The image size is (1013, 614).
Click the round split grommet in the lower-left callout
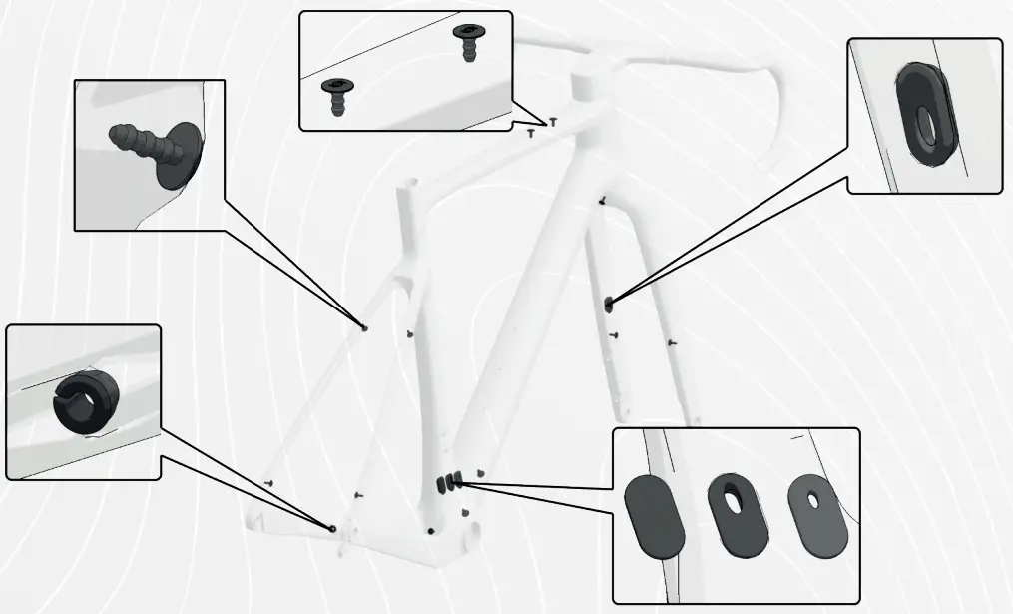pos(85,404)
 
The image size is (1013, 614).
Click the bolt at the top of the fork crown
pos(601,202)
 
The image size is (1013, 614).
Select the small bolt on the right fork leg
pos(673,343)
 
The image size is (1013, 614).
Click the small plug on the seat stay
pos(364,326)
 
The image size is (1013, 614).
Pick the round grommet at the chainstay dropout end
pos(332,528)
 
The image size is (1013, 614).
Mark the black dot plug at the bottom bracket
pos(430,531)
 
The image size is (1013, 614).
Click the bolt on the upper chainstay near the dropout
pos(269,482)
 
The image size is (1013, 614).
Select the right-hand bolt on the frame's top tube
pos(553,121)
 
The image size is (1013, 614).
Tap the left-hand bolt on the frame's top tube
pos(533,130)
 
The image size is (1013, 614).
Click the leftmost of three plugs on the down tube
pos(438,483)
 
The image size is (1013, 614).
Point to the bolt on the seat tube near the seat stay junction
pos(410,333)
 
